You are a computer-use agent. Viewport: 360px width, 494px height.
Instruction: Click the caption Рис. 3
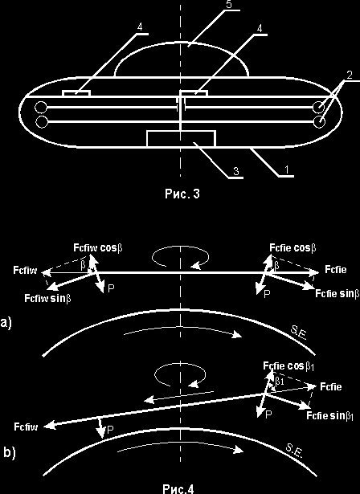tap(182, 193)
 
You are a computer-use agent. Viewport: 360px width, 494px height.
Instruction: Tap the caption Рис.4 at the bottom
tap(178, 489)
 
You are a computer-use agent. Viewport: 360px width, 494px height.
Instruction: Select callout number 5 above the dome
tap(230, 4)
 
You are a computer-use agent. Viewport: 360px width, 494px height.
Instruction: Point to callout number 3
tap(235, 171)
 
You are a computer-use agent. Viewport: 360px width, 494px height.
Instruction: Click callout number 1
tap(286, 170)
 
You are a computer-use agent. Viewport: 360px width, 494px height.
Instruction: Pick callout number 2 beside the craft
tap(349, 76)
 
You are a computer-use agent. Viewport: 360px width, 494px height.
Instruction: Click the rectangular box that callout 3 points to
tap(182, 139)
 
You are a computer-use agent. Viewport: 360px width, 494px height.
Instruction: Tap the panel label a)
tap(6, 323)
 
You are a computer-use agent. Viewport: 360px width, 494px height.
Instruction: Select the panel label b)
tap(9, 453)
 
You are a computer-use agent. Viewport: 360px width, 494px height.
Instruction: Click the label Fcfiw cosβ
tap(98, 247)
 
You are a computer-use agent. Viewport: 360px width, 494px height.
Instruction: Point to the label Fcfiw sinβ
tap(47, 298)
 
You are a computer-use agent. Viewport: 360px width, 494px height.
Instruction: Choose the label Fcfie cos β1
tap(288, 366)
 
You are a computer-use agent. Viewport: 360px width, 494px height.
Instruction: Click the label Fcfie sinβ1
tap(329, 416)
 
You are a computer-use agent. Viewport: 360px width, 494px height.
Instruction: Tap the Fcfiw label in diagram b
tap(26, 427)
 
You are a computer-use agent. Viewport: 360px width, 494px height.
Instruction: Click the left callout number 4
tap(140, 27)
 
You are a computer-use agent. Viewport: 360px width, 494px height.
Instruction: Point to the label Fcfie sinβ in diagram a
tap(337, 294)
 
